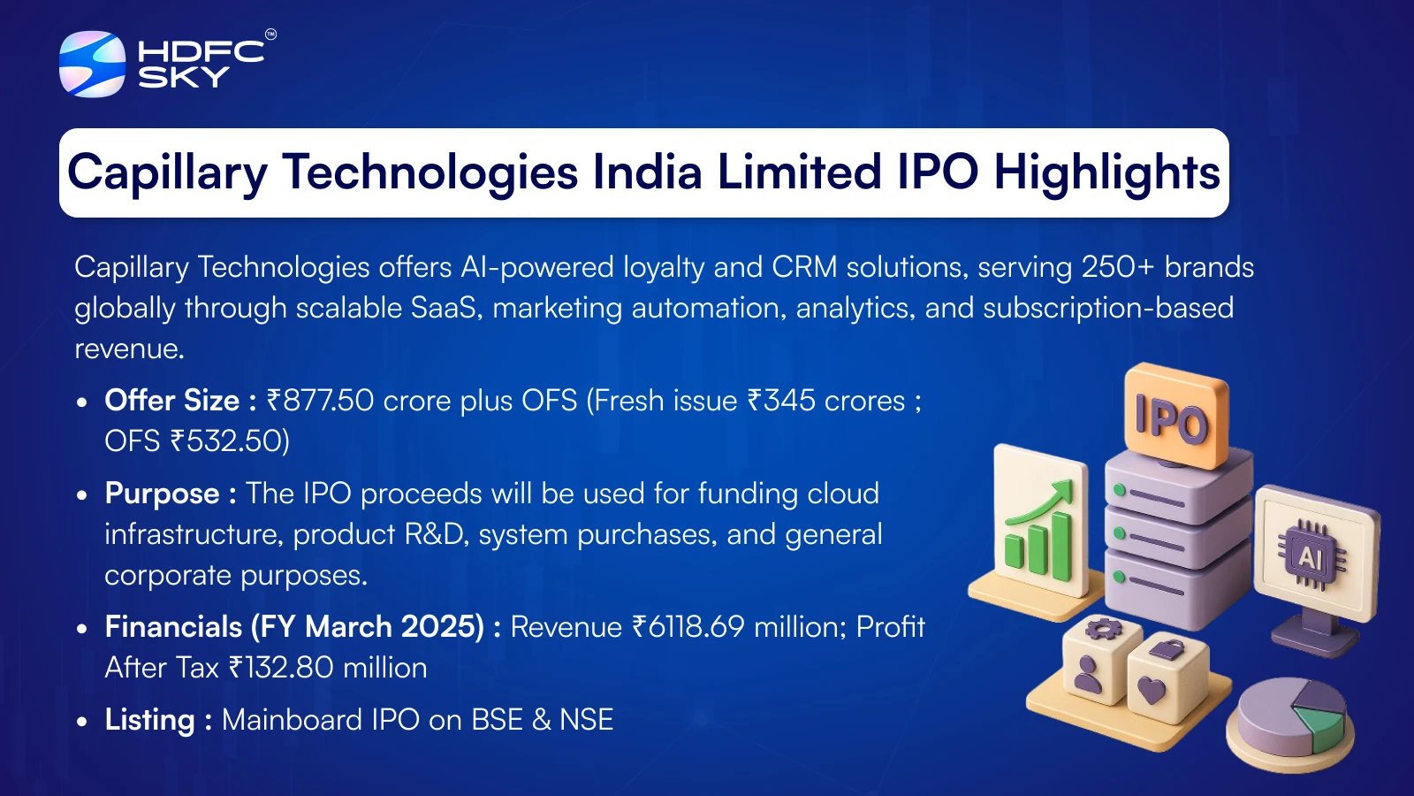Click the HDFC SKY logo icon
92,64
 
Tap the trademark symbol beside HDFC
270,34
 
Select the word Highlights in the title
1106,172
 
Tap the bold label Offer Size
172,401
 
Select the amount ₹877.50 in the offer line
320,401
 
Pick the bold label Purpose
163,494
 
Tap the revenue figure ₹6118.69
688,627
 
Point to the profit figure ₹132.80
281,668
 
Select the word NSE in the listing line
586,720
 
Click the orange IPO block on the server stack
1176,417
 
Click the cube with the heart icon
1167,682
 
